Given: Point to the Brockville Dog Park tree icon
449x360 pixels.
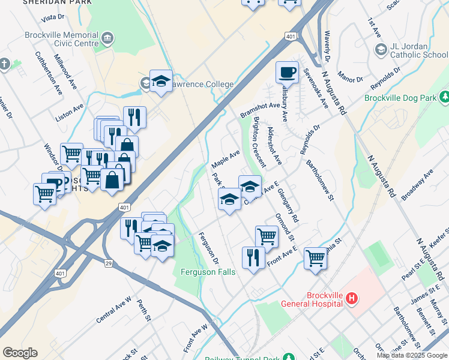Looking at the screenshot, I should coord(444,97).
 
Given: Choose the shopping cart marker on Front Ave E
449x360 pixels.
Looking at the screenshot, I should coord(267,236).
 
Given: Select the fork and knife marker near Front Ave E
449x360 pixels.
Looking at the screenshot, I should coord(253,257).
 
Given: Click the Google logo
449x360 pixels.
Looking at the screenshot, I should coord(20,353).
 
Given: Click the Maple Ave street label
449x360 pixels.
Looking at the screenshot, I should coord(226,159).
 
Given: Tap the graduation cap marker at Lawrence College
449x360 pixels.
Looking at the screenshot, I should coord(161,81).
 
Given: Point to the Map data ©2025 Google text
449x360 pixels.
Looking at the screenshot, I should coord(412,355).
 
